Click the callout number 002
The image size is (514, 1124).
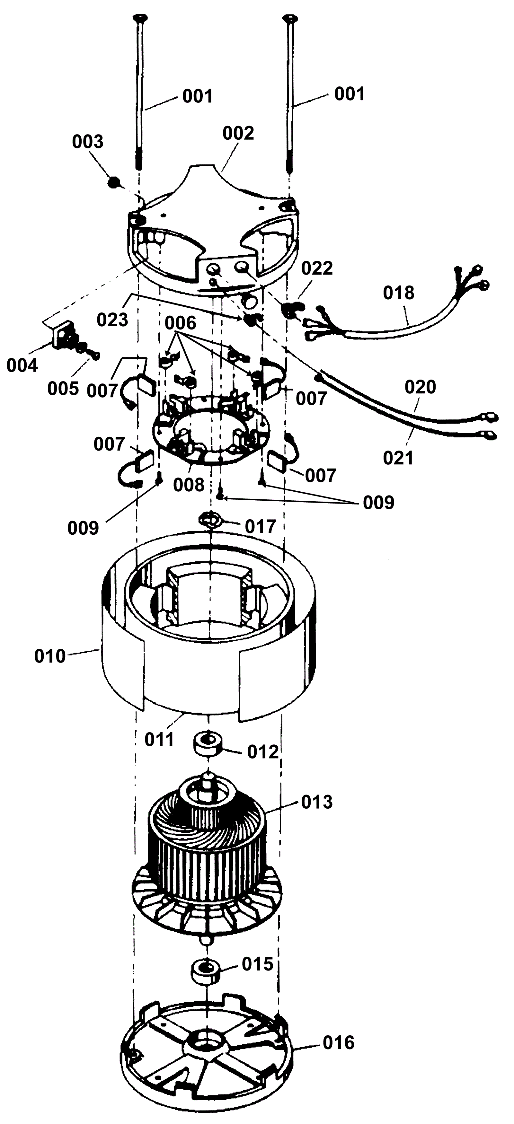point(238,133)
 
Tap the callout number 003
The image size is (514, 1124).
point(88,142)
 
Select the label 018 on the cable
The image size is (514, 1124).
point(399,293)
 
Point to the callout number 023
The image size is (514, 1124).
point(112,320)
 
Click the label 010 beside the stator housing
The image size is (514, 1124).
point(50,656)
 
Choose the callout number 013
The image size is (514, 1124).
point(317,802)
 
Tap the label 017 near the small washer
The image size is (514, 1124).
point(261,527)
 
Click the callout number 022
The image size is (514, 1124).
point(317,268)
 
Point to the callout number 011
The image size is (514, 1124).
point(160,739)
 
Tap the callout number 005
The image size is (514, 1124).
point(63,388)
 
